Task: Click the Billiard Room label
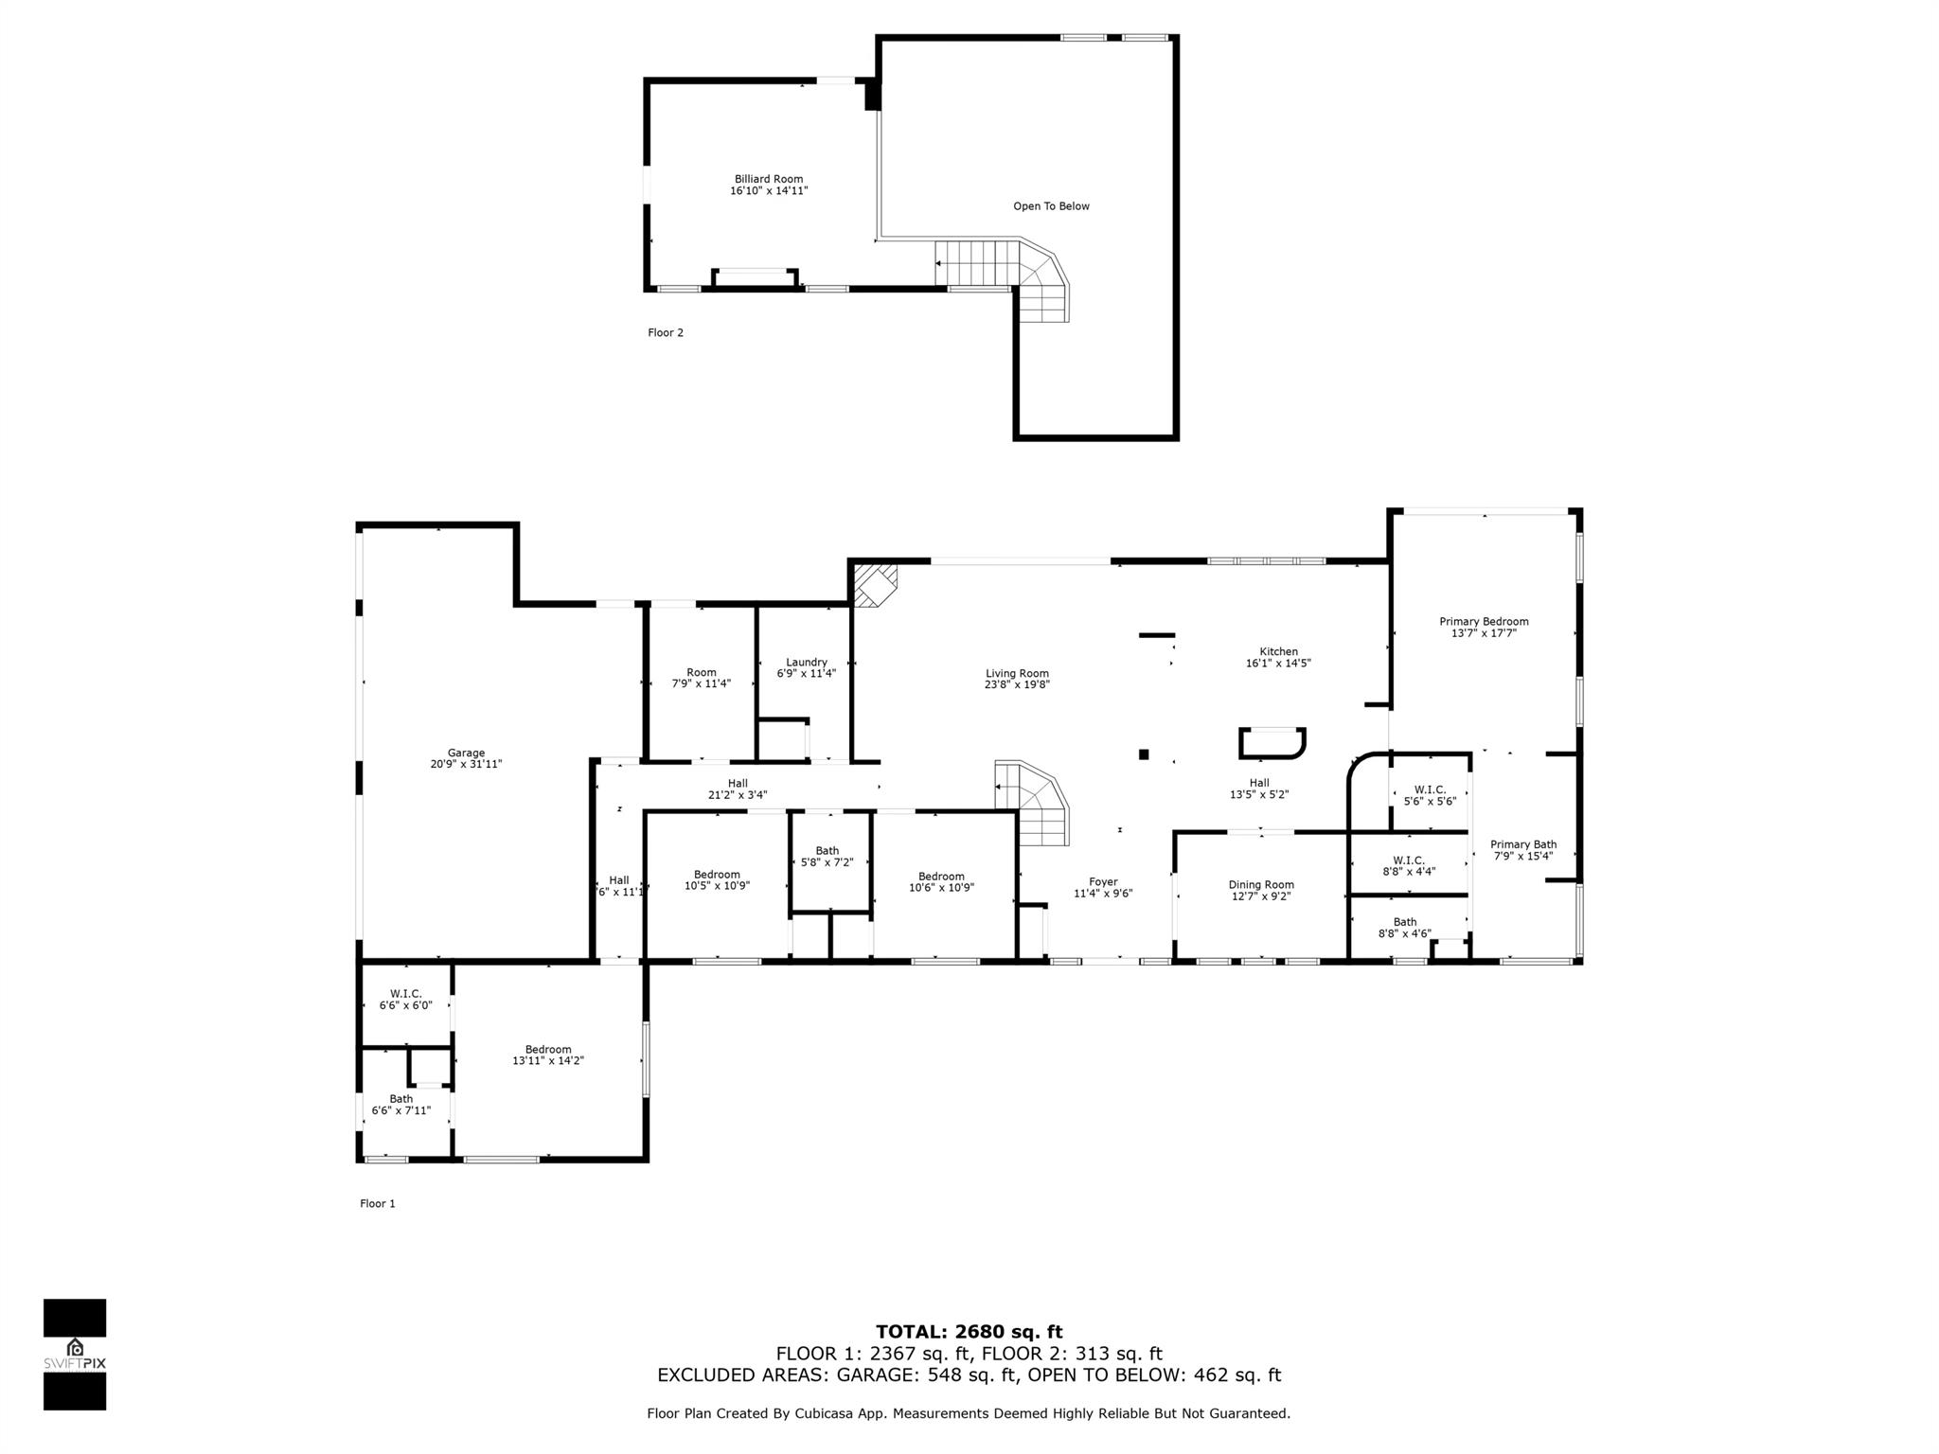pyautogui.click(x=768, y=179)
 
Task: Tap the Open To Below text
pyautogui.click(x=1051, y=206)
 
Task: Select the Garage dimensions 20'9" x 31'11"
pyautogui.click(x=466, y=764)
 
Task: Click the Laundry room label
pyautogui.click(x=807, y=663)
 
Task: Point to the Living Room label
pyautogui.click(x=1017, y=674)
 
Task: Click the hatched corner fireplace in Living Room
pyautogui.click(x=873, y=584)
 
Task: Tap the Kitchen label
pyautogui.click(x=1278, y=651)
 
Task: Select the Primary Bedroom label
pyautogui.click(x=1484, y=622)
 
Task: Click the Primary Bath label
pyautogui.click(x=1522, y=844)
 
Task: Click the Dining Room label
pyautogui.click(x=1261, y=885)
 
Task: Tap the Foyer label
pyautogui.click(x=1103, y=882)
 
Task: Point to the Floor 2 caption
pyautogui.click(x=665, y=333)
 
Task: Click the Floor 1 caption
pyautogui.click(x=377, y=1204)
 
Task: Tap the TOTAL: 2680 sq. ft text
pyautogui.click(x=969, y=1332)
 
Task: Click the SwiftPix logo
pyautogui.click(x=75, y=1354)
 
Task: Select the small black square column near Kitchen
pyautogui.click(x=1144, y=754)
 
